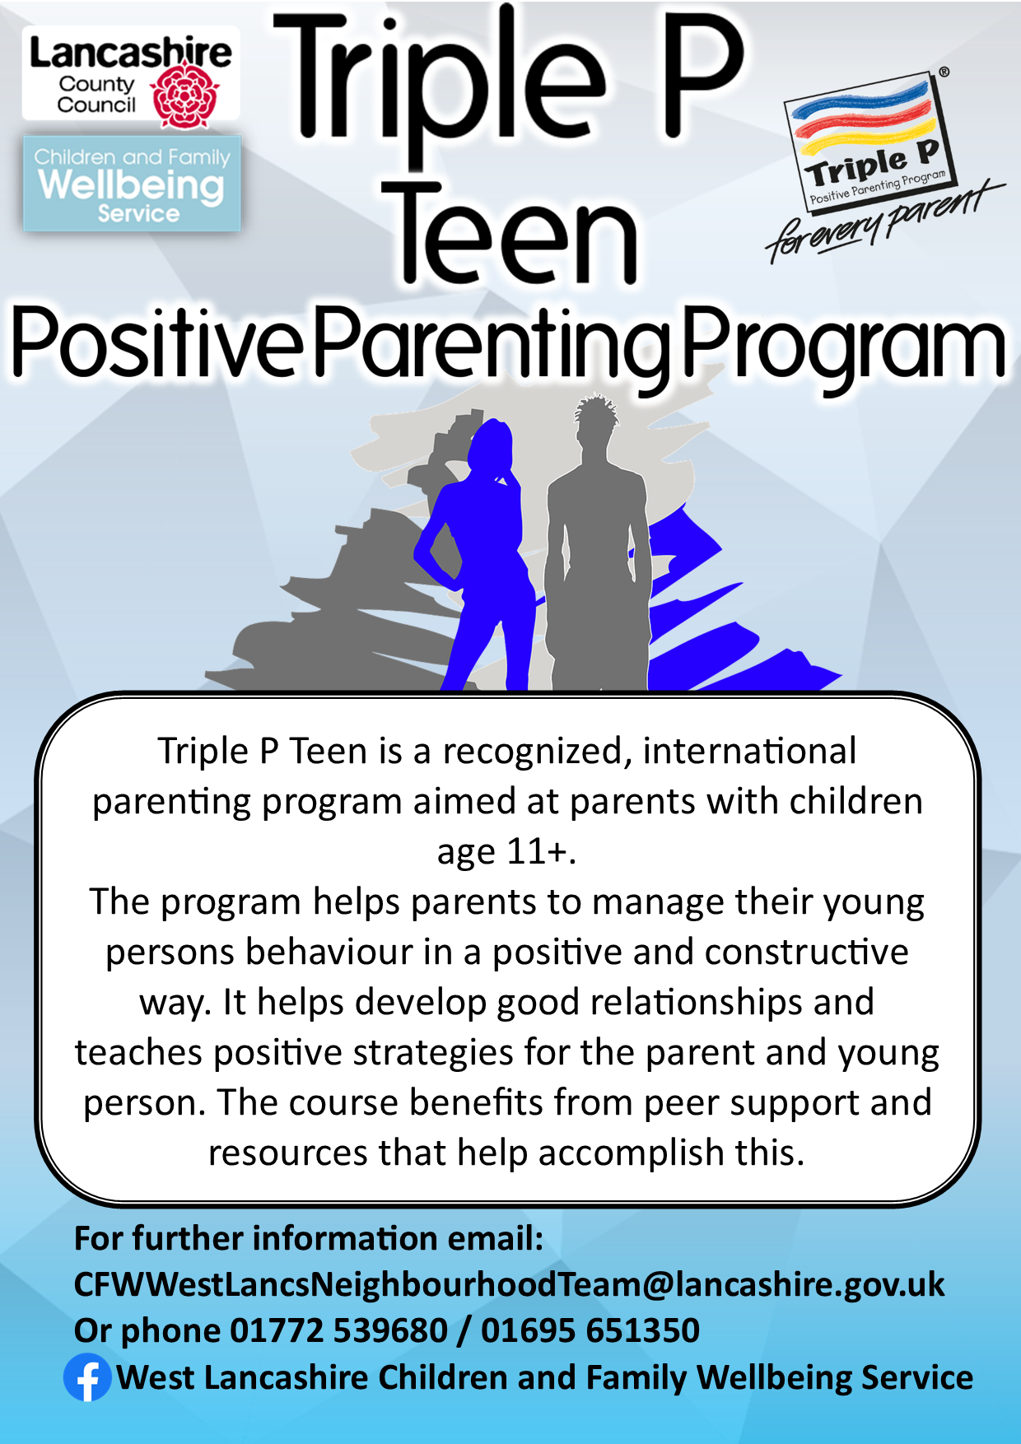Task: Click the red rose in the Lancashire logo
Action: click(185, 97)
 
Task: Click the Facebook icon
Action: click(88, 1377)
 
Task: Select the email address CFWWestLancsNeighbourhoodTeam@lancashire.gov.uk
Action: click(509, 1284)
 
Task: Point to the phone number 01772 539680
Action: click(338, 1330)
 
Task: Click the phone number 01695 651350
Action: click(590, 1330)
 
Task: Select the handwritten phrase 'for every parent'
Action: click(884, 219)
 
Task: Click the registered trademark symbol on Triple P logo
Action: click(944, 72)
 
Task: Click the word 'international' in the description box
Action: click(749, 751)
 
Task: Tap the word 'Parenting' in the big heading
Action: click(492, 343)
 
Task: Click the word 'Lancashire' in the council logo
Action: click(131, 54)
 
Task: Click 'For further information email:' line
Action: click(309, 1238)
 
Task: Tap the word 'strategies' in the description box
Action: click(431, 1054)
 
